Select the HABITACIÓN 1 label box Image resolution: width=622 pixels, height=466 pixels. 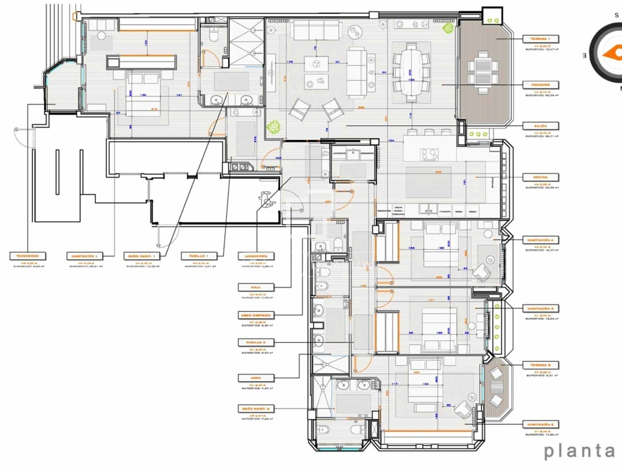(x=84, y=256)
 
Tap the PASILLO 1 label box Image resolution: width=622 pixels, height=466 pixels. (x=199, y=256)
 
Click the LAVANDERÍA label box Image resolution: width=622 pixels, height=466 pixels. (x=256, y=256)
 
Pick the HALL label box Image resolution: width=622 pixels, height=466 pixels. (x=256, y=287)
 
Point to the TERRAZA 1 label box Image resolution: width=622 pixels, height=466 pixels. (x=540, y=39)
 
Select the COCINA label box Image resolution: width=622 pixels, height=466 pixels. (x=540, y=177)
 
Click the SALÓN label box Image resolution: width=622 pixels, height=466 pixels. (x=540, y=126)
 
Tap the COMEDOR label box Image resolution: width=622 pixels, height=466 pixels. (x=540, y=85)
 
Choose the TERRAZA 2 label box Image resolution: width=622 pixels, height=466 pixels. (x=540, y=365)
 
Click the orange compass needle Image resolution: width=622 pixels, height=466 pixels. (x=612, y=53)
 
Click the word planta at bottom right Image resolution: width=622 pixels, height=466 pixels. (x=579, y=451)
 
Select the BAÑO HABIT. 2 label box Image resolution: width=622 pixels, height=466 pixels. (x=256, y=409)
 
